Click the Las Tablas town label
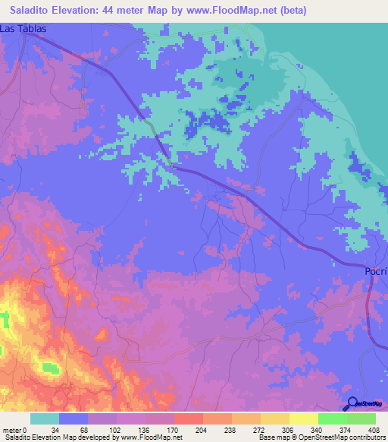click(x=23, y=28)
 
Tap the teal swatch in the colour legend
click(x=45, y=418)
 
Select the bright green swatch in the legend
click(x=333, y=418)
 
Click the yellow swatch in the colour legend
click(x=304, y=418)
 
